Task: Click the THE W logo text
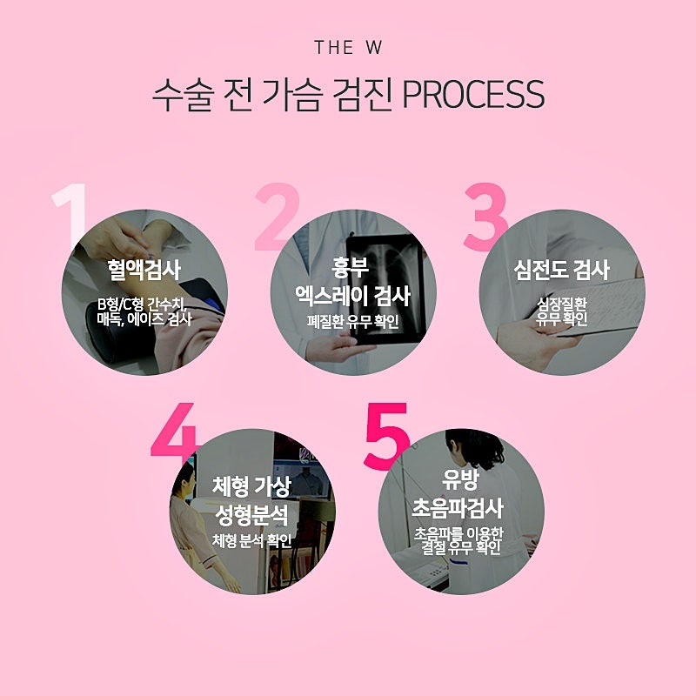(348, 48)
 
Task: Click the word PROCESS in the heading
(473, 95)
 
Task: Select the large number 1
(70, 216)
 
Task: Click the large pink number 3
(485, 217)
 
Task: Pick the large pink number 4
(174, 430)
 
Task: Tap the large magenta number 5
(386, 436)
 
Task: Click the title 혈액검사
(144, 270)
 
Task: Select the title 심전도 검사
(561, 270)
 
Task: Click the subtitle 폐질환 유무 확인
(353, 321)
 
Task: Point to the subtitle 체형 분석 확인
(251, 540)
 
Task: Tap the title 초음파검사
(458, 508)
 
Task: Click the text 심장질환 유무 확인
(562, 311)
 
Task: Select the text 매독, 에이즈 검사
(144, 318)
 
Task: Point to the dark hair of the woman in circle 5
(476, 446)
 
